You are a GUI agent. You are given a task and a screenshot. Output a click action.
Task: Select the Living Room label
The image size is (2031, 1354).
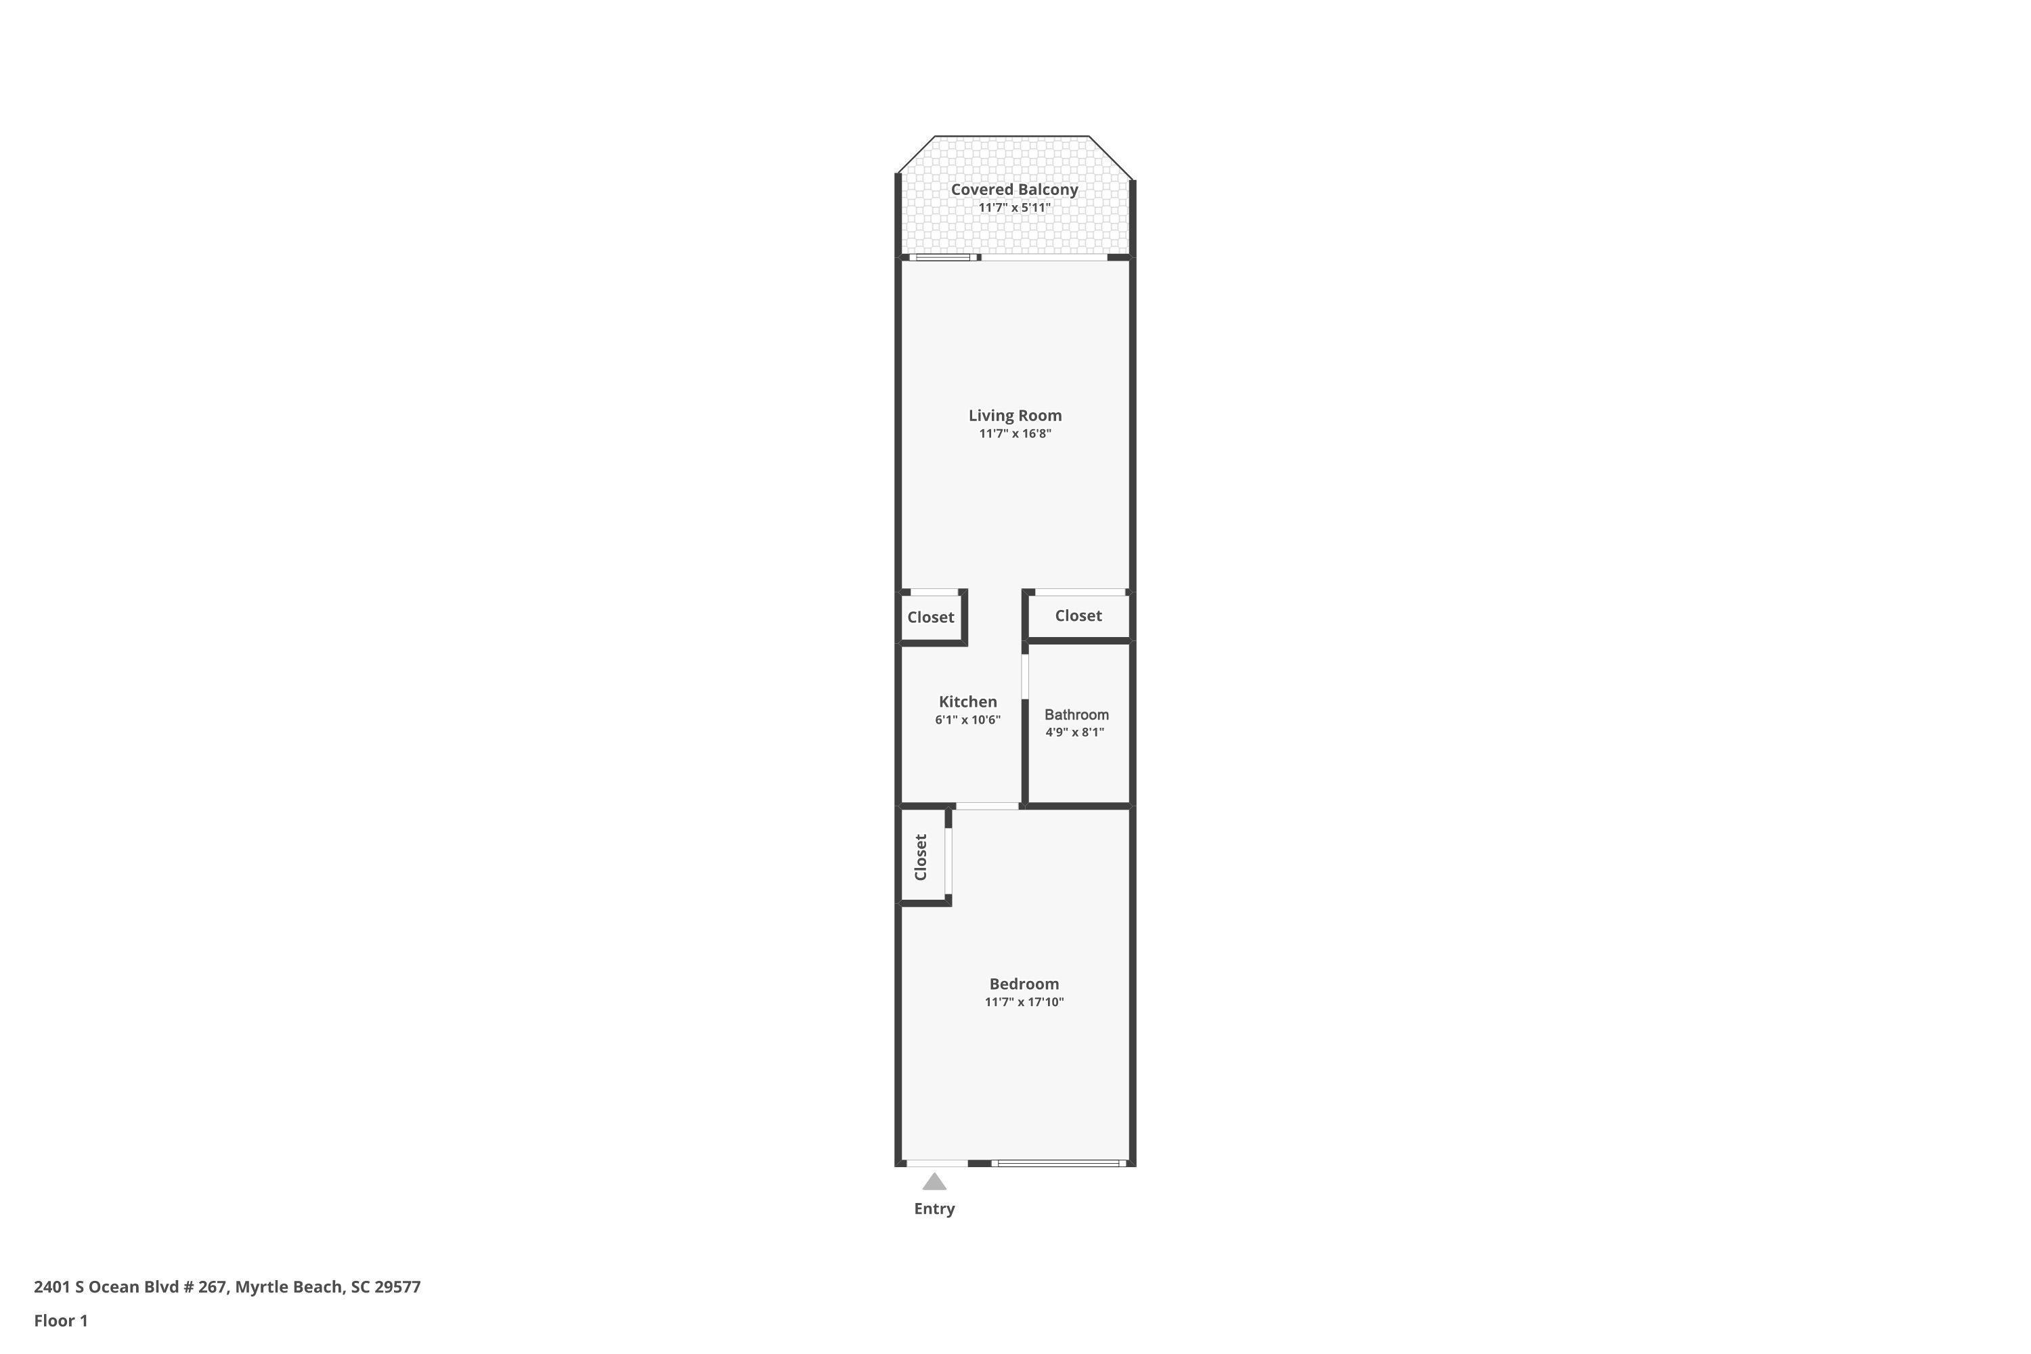(1015, 416)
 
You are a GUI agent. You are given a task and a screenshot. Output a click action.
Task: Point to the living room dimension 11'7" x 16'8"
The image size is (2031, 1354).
(1015, 433)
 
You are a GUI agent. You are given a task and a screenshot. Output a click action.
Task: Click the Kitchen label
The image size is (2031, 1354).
(967, 702)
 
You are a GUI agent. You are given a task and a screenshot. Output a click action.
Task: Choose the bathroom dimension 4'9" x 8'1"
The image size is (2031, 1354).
(1074, 733)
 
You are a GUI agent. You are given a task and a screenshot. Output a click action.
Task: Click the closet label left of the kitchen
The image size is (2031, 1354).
(930, 617)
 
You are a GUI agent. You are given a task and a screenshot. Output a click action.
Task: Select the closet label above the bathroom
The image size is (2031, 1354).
(1078, 615)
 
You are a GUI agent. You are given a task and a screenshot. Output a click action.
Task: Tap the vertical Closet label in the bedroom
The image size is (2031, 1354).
(921, 856)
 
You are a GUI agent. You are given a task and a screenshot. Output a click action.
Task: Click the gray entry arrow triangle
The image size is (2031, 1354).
(934, 1182)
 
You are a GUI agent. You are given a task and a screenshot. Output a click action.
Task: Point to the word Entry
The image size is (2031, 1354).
(934, 1209)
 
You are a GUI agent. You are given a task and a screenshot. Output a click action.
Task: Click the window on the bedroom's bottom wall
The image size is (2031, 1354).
(1059, 1163)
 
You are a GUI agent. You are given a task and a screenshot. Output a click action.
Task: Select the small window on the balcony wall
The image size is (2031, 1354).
(942, 257)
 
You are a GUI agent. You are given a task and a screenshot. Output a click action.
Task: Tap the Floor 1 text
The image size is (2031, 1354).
(60, 1320)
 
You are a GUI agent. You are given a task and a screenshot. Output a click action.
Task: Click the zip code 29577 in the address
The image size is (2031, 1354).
(397, 1287)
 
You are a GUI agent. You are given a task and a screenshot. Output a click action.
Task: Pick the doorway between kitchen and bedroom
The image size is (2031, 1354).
(987, 806)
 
